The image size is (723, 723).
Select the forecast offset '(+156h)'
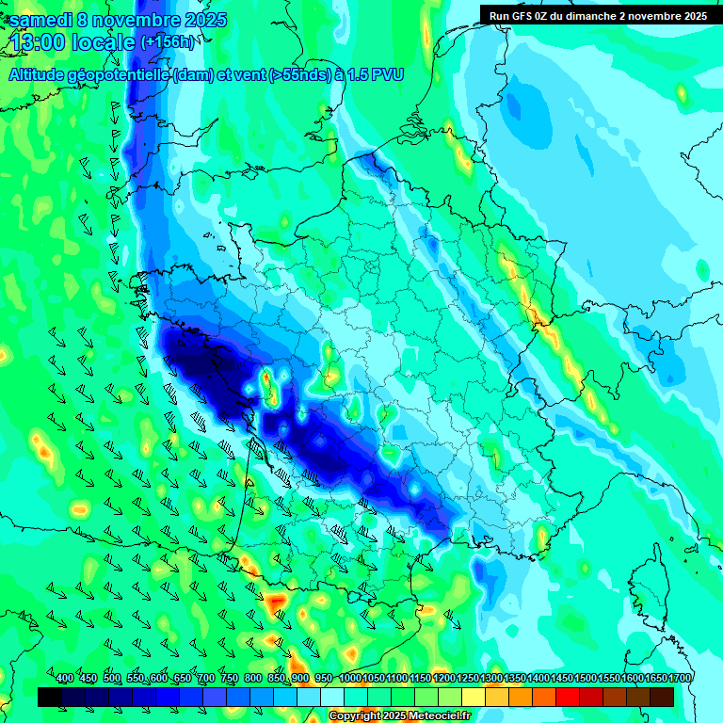point(168,42)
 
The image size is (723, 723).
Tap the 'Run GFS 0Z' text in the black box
point(520,15)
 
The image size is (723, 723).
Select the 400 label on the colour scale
point(65,679)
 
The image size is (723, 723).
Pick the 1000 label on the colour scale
point(350,679)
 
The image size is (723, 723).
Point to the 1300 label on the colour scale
point(491,679)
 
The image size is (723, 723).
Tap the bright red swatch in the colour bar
point(568,697)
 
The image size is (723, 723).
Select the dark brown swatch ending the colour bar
point(662,697)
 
